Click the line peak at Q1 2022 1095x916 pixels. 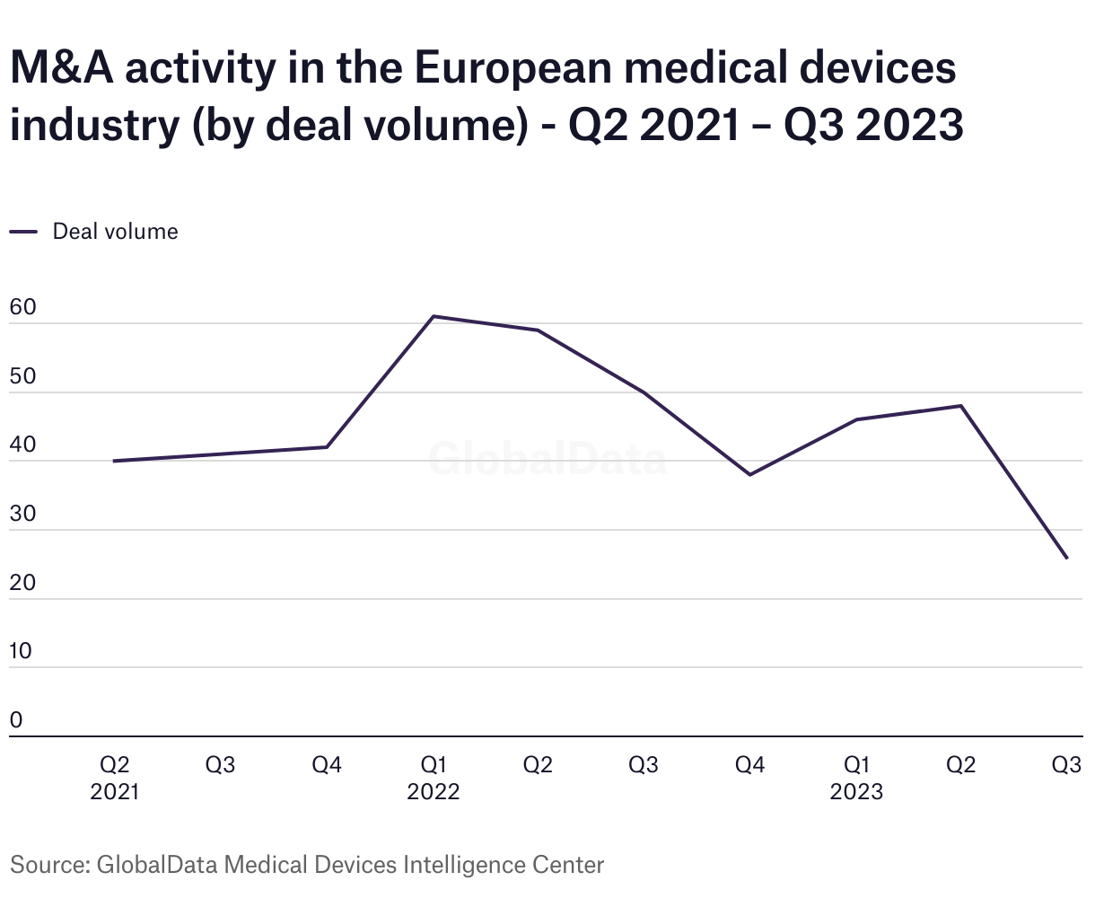(433, 316)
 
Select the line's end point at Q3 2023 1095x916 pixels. (1067, 559)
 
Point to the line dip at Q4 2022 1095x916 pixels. (749, 474)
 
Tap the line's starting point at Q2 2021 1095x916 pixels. (114, 461)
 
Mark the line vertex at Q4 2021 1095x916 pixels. (327, 447)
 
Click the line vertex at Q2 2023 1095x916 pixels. (961, 406)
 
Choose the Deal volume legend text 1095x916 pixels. (115, 232)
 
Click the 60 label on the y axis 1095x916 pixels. (22, 308)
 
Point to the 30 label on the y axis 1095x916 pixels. (22, 515)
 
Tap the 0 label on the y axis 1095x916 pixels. (16, 720)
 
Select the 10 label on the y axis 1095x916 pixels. (21, 652)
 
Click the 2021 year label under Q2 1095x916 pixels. (115, 792)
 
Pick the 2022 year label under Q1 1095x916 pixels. (433, 792)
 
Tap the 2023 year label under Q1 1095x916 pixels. (856, 792)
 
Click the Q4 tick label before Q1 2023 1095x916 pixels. (749, 765)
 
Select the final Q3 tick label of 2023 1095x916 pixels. (1066, 765)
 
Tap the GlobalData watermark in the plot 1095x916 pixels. (547, 459)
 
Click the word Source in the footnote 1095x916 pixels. (47, 865)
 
